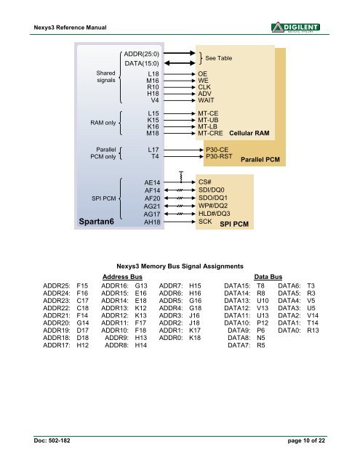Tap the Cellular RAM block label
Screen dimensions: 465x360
[249, 134]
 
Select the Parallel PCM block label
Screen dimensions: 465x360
[260, 160]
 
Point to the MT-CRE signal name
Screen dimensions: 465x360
[211, 134]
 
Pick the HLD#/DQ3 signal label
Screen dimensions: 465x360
[214, 214]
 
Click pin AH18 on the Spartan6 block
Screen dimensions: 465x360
[152, 222]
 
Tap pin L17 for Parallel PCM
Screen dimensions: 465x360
[153, 147]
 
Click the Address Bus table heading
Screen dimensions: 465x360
[122, 278]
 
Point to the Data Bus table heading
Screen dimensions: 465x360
[268, 278]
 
